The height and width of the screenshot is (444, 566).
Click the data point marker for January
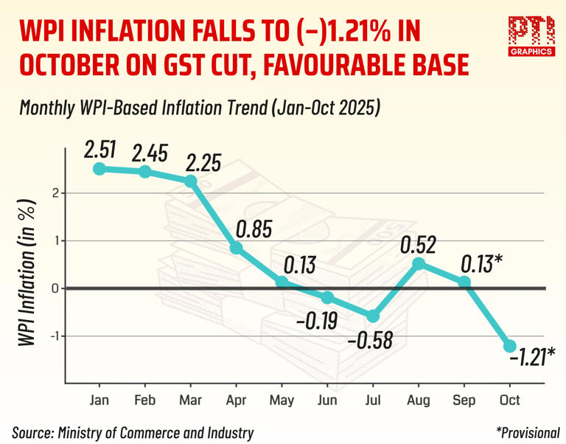(x=99, y=169)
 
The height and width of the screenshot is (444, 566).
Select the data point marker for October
(x=510, y=346)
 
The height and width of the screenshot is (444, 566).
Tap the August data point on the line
(x=419, y=264)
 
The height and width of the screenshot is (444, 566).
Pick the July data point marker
(x=373, y=316)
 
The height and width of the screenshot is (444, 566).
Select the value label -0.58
(x=371, y=341)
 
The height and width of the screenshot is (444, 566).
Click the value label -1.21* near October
(x=531, y=358)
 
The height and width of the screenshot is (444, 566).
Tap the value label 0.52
(x=418, y=244)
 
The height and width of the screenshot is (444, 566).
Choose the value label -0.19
(x=317, y=323)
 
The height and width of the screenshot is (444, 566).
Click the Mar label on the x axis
(x=191, y=400)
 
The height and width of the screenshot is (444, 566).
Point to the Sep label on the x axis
(x=464, y=400)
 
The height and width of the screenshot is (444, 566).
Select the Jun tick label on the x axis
(x=327, y=400)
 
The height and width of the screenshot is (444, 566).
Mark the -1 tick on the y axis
(x=52, y=336)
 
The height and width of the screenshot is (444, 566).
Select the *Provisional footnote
(x=528, y=433)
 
